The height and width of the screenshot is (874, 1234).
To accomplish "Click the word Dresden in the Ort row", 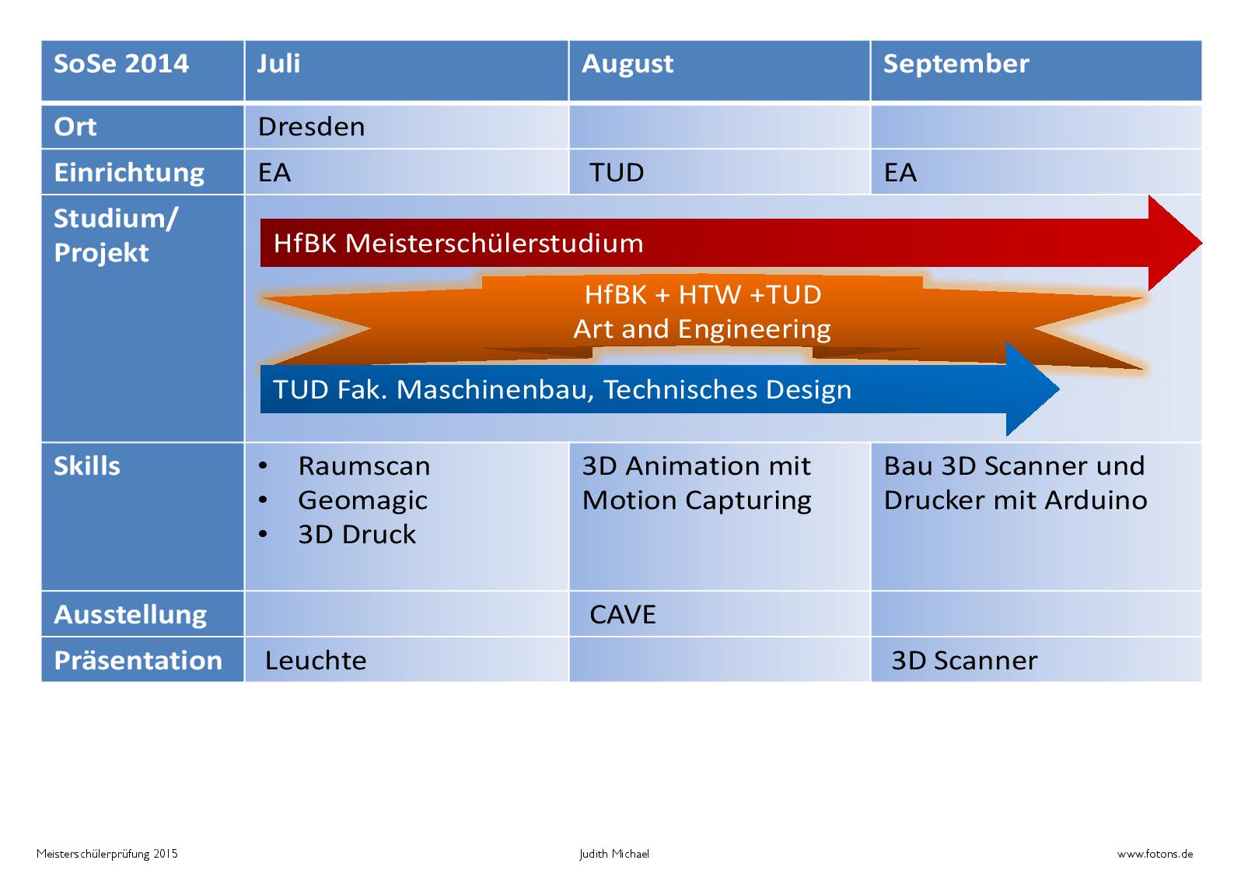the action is click(x=311, y=127).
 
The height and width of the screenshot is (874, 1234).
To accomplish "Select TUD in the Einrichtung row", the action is click(x=617, y=173).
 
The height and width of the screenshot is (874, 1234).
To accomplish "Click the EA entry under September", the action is click(x=900, y=173).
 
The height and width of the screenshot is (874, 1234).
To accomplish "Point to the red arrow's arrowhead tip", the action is click(x=1201, y=243).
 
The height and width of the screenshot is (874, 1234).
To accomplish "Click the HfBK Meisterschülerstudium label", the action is click(x=458, y=243).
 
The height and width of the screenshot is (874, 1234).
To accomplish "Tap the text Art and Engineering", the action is click(x=702, y=330).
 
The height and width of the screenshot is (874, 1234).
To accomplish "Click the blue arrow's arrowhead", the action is click(x=1033, y=389).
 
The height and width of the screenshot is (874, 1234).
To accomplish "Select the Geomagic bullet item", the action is click(x=362, y=500).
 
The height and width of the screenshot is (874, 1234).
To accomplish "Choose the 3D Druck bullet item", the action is click(x=357, y=535).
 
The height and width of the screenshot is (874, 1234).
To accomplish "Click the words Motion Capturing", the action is click(x=697, y=500).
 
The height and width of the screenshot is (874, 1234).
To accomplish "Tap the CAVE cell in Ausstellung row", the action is click(x=623, y=614).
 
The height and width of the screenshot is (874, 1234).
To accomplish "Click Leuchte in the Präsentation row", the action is click(x=316, y=660).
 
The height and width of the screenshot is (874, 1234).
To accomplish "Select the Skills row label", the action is click(x=87, y=466).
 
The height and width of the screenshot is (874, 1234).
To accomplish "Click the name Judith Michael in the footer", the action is click(x=614, y=854).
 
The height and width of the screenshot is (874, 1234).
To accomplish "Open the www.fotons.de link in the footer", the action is click(x=1155, y=854).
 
